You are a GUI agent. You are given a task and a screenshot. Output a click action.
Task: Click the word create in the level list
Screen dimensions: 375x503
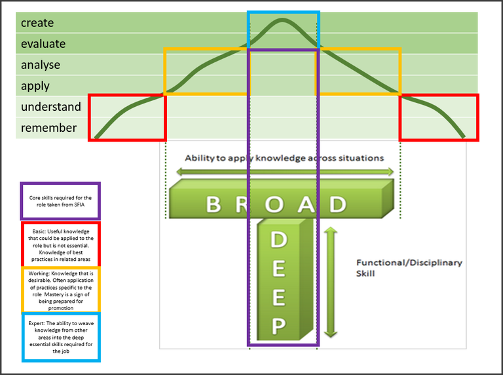pyautogui.click(x=37, y=23)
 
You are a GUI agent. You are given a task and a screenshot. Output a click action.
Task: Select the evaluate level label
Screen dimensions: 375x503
pyautogui.click(x=43, y=44)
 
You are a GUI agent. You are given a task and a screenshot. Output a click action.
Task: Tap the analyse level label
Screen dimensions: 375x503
pyautogui.click(x=41, y=65)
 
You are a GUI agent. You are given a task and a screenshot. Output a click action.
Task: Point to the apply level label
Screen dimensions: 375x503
pyautogui.click(x=35, y=86)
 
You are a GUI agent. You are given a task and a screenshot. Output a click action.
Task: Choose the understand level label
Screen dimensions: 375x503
pyautogui.click(x=51, y=107)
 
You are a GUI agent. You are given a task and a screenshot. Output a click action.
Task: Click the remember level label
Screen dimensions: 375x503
pyautogui.click(x=48, y=128)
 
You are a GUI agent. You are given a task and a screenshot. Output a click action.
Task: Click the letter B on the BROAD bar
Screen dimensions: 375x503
pyautogui.click(x=214, y=205)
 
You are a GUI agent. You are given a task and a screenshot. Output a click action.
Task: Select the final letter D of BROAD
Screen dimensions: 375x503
pyautogui.click(x=337, y=205)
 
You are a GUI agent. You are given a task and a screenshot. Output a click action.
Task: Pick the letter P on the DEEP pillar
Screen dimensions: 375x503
pyautogui.click(x=279, y=326)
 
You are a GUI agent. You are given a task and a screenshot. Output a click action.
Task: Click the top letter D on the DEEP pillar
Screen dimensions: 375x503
pyautogui.click(x=279, y=241)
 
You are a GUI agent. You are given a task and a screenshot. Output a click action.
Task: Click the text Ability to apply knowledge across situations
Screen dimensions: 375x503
pyautogui.click(x=284, y=158)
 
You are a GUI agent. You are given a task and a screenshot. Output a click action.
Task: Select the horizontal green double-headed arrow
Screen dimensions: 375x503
pyautogui.click(x=285, y=172)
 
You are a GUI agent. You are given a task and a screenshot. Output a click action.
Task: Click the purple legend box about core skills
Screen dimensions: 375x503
pyautogui.click(x=60, y=201)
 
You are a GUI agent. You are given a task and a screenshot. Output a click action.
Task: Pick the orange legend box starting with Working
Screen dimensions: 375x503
pyautogui.click(x=61, y=288)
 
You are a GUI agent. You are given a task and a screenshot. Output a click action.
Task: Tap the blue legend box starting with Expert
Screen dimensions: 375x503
pyautogui.click(x=61, y=337)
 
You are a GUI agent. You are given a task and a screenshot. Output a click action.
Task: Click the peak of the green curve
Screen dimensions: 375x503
pyautogui.click(x=283, y=20)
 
